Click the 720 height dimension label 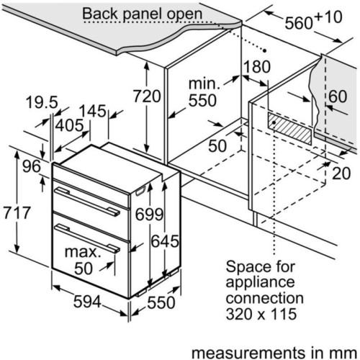(147, 96)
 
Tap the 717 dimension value (17, 212)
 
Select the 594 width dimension (87, 302)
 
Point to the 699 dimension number (149, 215)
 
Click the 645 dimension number (165, 241)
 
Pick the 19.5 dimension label (42, 102)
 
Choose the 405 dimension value (69, 125)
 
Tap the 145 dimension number (92, 111)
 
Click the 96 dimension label (32, 166)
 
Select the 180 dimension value (257, 66)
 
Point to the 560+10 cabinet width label (313, 20)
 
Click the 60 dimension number (338, 96)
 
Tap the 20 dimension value (341, 174)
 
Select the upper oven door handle (87, 202)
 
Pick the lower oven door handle (87, 238)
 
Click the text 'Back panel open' (143, 14)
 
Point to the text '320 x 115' (261, 314)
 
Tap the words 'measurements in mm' (274, 353)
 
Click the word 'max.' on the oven (83, 252)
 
